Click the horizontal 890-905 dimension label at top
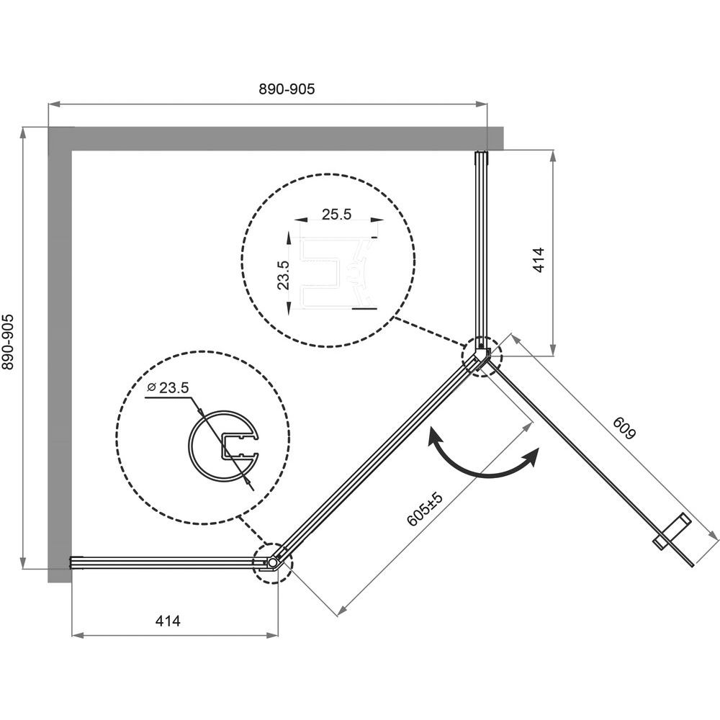pos(287,89)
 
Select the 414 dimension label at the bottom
pos(168,621)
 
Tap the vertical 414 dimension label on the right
pos(539,260)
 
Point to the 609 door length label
pos(625,428)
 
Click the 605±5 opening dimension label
pos(426,509)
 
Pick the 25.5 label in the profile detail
pos(336,215)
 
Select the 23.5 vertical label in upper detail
pos(283,274)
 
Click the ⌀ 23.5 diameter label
pos(168,388)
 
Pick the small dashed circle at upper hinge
pos(482,356)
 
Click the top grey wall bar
pos(276,139)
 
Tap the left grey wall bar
pos(60,354)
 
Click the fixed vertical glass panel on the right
pos(481,251)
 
